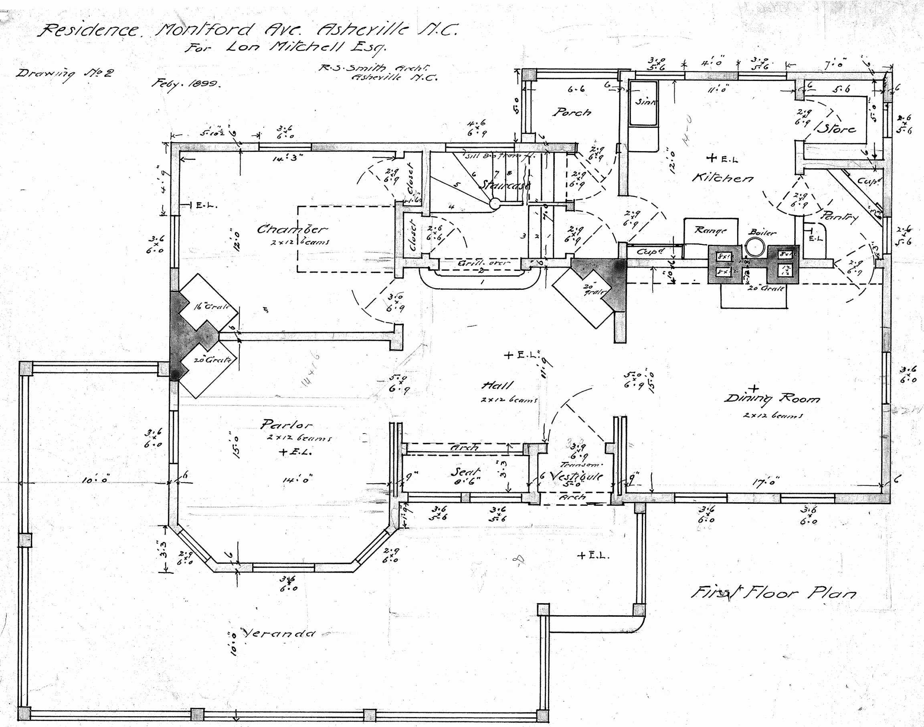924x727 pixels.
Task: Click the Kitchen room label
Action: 723,178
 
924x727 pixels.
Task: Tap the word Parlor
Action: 286,424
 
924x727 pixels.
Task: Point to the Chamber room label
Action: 292,229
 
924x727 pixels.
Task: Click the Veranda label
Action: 279,633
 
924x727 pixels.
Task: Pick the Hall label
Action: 497,386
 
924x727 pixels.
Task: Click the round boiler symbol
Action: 754,247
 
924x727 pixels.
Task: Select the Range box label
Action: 710,230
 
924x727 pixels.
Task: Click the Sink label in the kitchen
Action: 645,102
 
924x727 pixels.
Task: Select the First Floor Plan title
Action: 773,592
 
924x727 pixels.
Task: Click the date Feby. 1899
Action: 186,84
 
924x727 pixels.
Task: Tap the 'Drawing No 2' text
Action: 65,74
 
